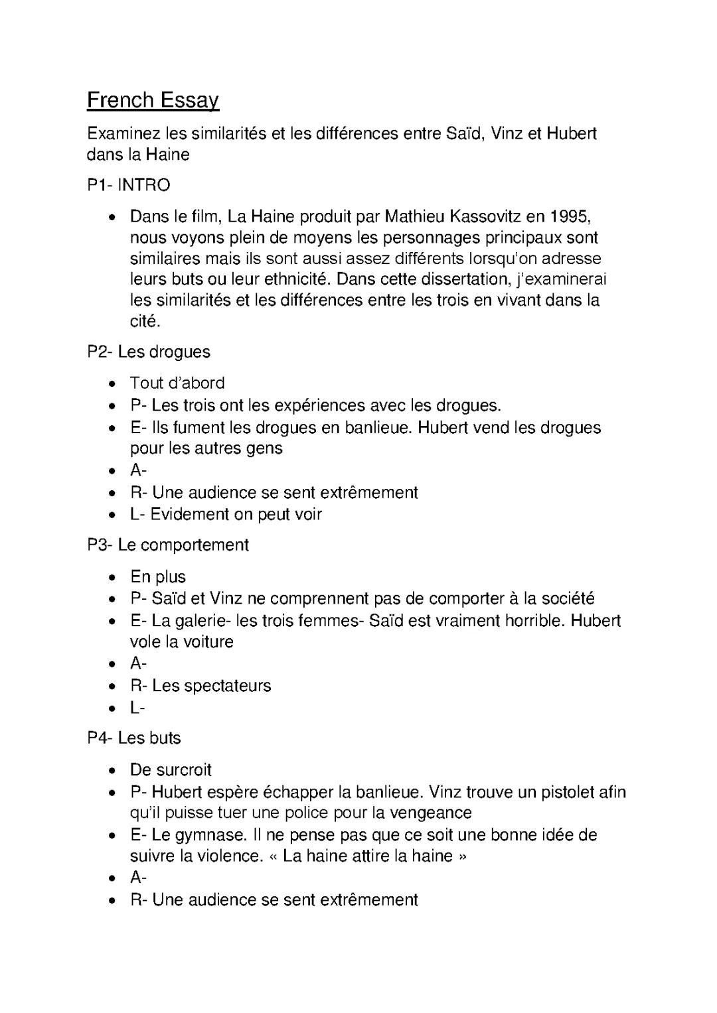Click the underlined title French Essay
tap(153, 100)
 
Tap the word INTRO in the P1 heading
tap(144, 185)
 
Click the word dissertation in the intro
tap(462, 279)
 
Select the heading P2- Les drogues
tap(149, 352)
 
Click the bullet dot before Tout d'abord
tap(114, 383)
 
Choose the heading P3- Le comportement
tap(168, 545)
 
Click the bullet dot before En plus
tap(114, 577)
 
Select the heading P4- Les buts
tap(134, 738)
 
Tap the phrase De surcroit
tap(171, 770)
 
